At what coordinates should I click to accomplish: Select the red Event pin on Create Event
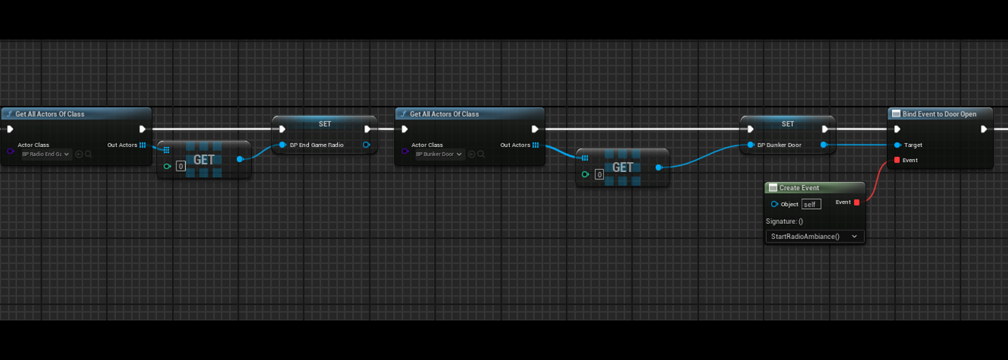point(856,202)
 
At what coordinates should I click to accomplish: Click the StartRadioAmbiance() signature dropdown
point(814,236)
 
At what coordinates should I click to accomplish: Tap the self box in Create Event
point(811,204)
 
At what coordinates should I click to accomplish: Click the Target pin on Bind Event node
point(897,145)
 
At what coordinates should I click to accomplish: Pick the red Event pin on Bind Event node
point(896,160)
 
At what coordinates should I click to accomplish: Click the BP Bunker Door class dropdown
point(439,154)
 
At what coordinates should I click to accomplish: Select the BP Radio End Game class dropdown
point(46,154)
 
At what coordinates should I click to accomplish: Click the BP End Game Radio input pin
point(282,145)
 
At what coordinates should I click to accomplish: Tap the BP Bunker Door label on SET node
point(779,145)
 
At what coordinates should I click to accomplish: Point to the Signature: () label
point(784,221)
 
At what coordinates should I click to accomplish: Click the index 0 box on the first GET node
point(181,166)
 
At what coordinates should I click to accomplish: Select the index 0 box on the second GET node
point(599,174)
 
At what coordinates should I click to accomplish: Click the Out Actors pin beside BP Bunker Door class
point(536,145)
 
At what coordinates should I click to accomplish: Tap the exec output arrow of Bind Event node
point(984,130)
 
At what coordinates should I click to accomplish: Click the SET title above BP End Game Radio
point(325,124)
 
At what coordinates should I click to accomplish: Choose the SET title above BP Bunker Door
point(788,124)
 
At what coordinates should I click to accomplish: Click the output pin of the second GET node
point(658,168)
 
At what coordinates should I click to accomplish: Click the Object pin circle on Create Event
point(774,204)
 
